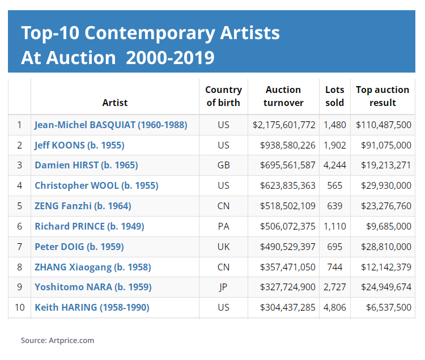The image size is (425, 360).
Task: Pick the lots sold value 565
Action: pyautogui.click(x=334, y=185)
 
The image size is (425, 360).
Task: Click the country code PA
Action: pyautogui.click(x=223, y=226)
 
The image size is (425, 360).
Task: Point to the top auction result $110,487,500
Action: pyautogui.click(x=384, y=125)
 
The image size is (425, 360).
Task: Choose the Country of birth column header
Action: pyautogui.click(x=223, y=96)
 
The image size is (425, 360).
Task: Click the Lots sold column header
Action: pyautogui.click(x=334, y=96)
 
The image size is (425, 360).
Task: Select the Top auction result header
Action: pyautogui.click(x=382, y=96)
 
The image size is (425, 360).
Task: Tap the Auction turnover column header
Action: pyautogui.click(x=283, y=96)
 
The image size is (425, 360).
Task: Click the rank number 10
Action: pyautogui.click(x=20, y=307)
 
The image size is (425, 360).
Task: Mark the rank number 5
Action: pyautogui.click(x=20, y=206)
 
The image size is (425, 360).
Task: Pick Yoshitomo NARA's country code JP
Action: pyautogui.click(x=223, y=287)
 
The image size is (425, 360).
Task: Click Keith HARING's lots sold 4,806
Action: pyautogui.click(x=334, y=307)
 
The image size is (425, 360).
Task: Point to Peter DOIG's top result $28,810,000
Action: pyautogui.click(x=386, y=247)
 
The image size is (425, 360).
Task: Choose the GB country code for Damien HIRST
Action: pyautogui.click(x=223, y=166)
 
